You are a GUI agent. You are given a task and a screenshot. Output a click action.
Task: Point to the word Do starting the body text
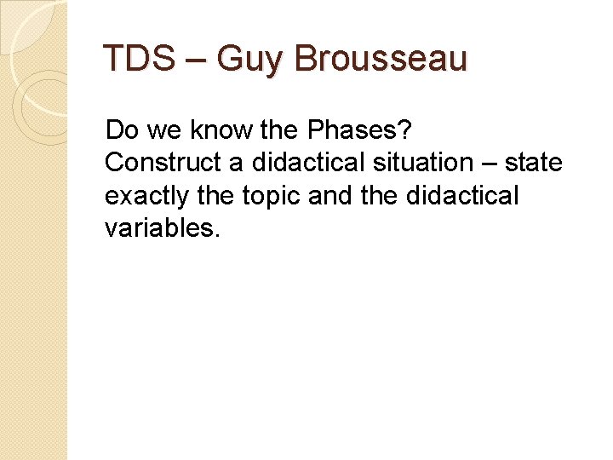(121, 130)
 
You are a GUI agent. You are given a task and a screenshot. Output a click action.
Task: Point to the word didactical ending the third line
(464, 196)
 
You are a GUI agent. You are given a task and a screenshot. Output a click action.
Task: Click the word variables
(163, 228)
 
